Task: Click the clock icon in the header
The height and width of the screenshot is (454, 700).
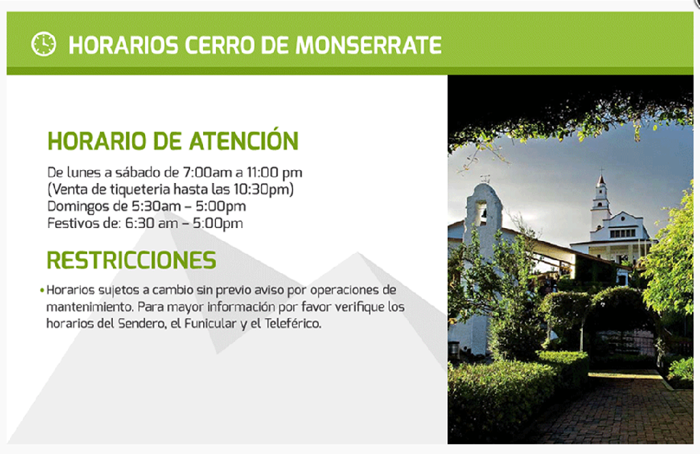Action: click(44, 44)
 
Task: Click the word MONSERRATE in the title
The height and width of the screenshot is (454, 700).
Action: click(369, 45)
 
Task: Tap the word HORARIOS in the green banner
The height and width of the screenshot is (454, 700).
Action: click(124, 45)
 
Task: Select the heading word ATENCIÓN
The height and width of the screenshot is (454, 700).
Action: click(244, 140)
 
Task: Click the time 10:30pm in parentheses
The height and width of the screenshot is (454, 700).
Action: click(262, 189)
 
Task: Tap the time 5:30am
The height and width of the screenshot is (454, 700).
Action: click(150, 206)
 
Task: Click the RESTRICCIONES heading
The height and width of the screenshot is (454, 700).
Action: click(132, 260)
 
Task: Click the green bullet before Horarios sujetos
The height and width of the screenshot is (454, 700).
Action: click(42, 290)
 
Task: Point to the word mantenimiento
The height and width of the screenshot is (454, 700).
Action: click(89, 307)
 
